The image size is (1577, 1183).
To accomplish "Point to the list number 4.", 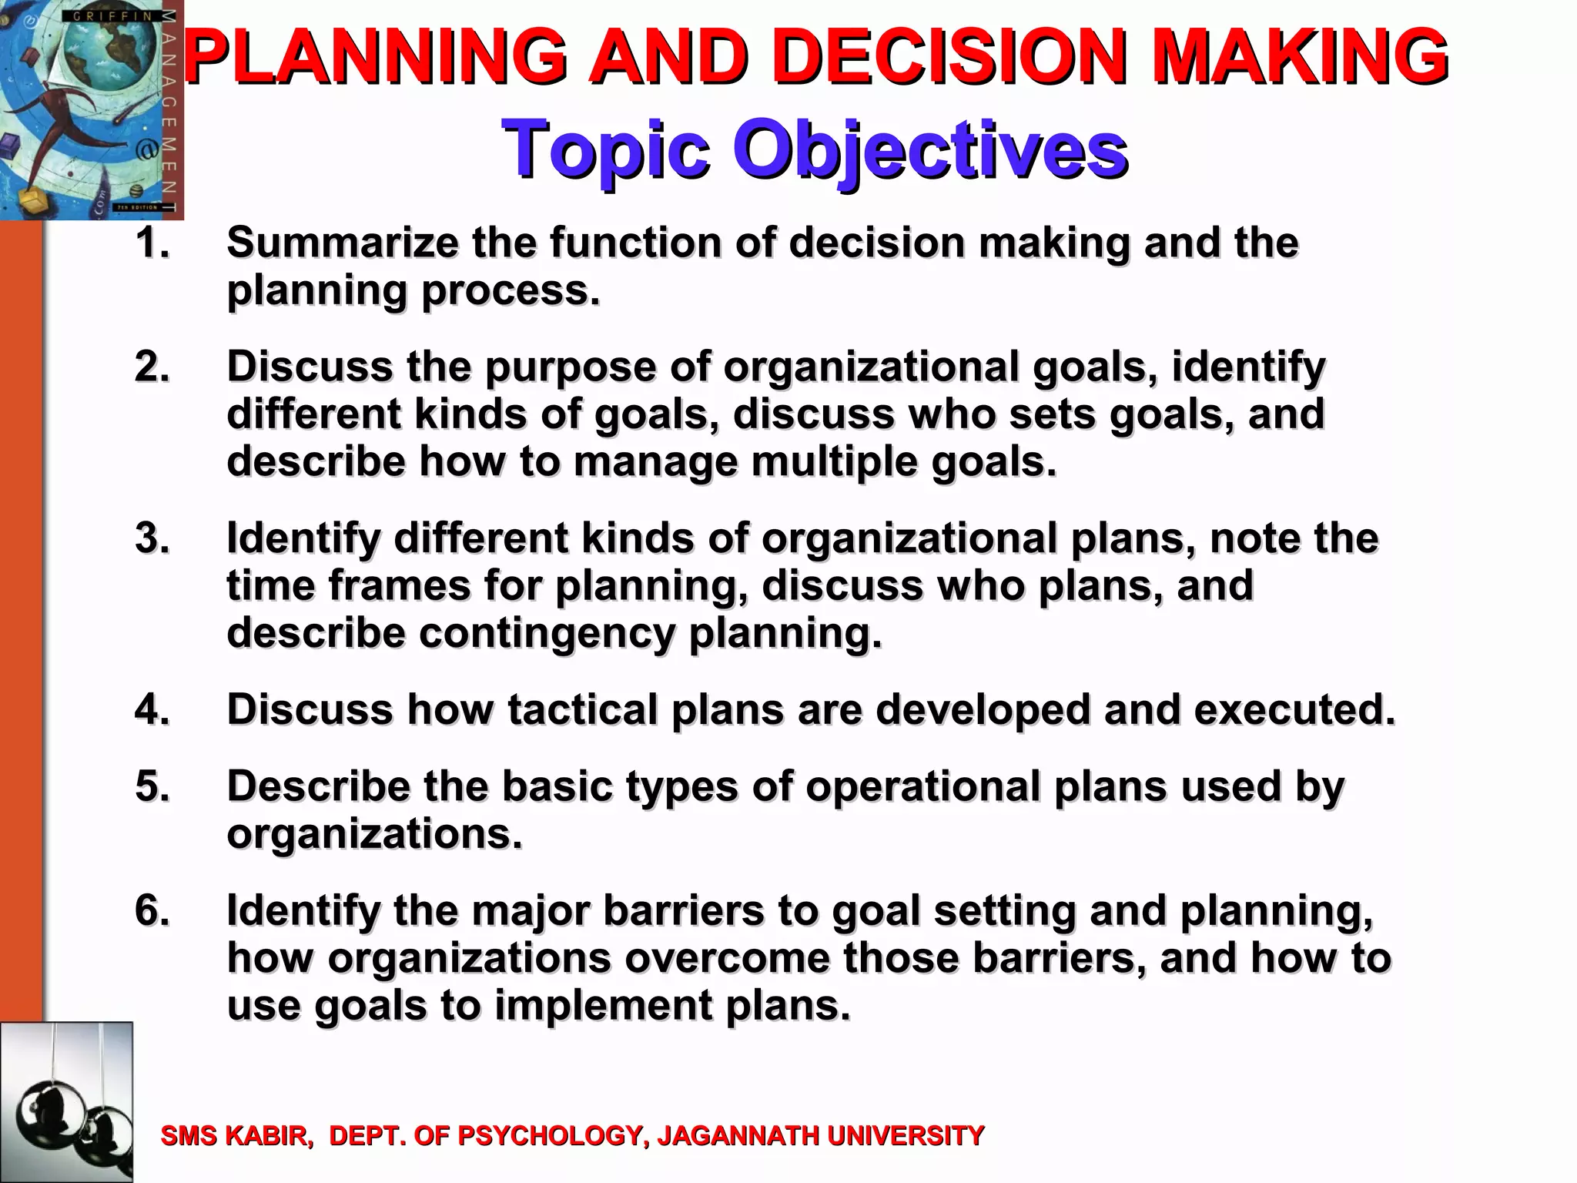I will click(152, 709).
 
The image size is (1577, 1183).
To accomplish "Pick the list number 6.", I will click(152, 911).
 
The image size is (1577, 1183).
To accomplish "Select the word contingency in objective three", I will click(547, 634).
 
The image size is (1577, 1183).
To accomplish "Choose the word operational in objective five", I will click(922, 787).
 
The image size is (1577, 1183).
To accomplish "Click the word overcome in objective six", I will click(728, 959).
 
